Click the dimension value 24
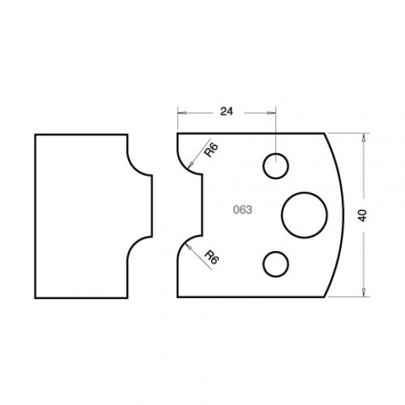coord(226,112)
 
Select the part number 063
coord(243,209)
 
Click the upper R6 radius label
coord(212,152)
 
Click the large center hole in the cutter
coord(305,214)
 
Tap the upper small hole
coord(276,166)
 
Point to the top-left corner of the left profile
coord(36,134)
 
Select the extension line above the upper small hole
coord(276,133)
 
